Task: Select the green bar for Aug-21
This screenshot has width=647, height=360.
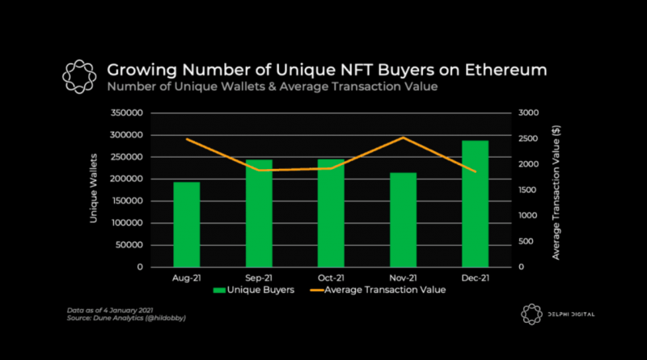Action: [186, 224]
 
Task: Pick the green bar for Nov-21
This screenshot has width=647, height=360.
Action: [404, 219]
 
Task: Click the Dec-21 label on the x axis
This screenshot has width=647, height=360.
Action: [476, 277]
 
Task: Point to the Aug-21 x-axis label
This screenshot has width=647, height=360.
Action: [186, 277]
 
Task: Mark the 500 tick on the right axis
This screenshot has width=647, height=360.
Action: [526, 241]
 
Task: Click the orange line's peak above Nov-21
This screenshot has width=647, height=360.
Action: [404, 138]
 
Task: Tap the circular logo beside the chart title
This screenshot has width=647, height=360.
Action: [80, 77]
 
